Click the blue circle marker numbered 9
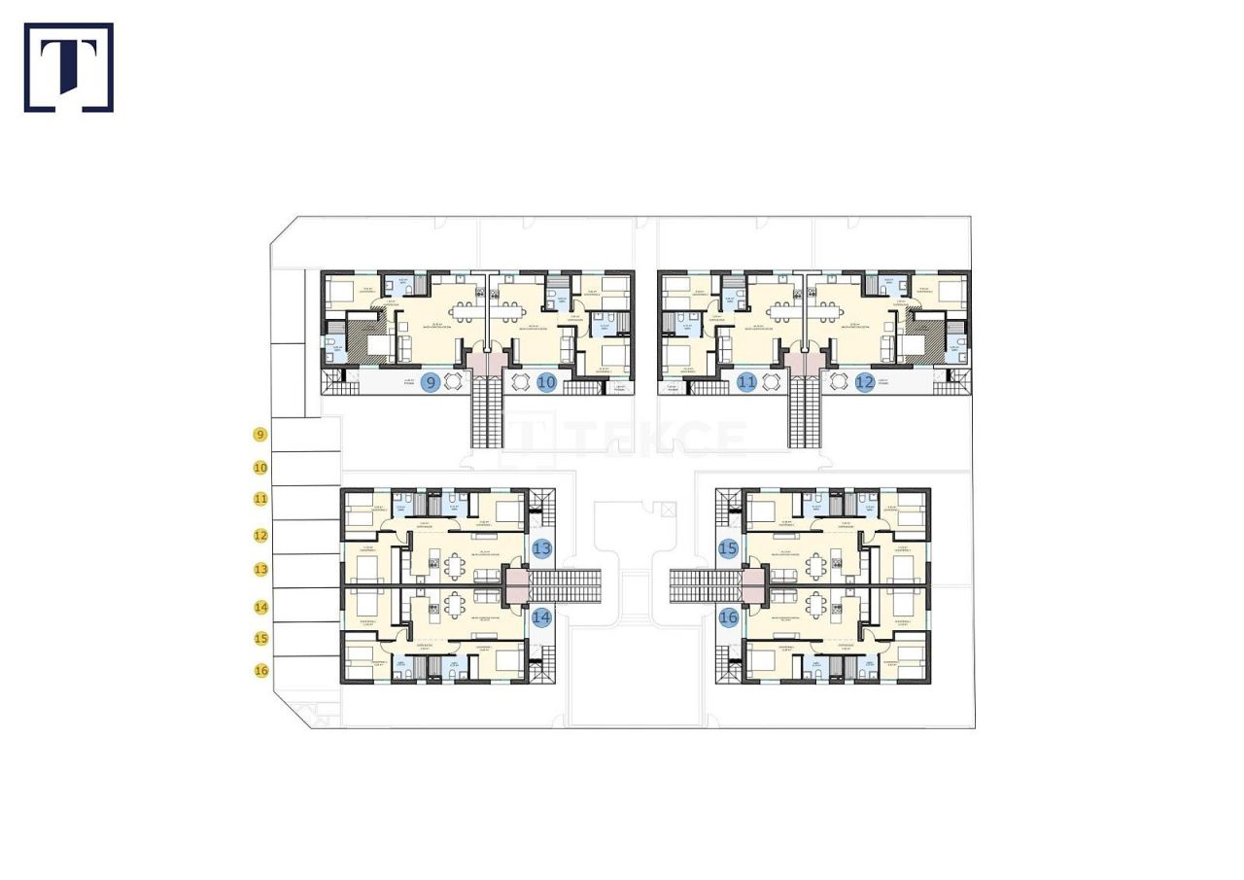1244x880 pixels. tap(431, 382)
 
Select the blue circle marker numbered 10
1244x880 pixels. tap(546, 382)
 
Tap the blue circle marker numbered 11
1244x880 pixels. tap(746, 382)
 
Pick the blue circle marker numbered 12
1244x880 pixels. tap(865, 382)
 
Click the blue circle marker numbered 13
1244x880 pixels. tap(541, 548)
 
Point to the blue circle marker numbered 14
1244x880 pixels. tap(541, 616)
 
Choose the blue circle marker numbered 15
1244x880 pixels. tap(728, 548)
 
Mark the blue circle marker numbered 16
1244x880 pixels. tap(728, 616)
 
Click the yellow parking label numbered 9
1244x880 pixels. tap(259, 435)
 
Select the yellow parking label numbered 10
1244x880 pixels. tap(259, 468)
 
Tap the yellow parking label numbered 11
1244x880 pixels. tap(259, 499)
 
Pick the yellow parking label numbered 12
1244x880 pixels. tap(259, 535)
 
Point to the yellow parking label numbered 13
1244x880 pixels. tap(259, 569)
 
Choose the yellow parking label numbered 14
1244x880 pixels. tap(259, 607)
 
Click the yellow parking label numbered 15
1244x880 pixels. tap(259, 639)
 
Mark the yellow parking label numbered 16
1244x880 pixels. tap(259, 670)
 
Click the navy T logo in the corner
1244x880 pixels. tap(69, 67)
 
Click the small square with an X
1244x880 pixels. tap(667, 510)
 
